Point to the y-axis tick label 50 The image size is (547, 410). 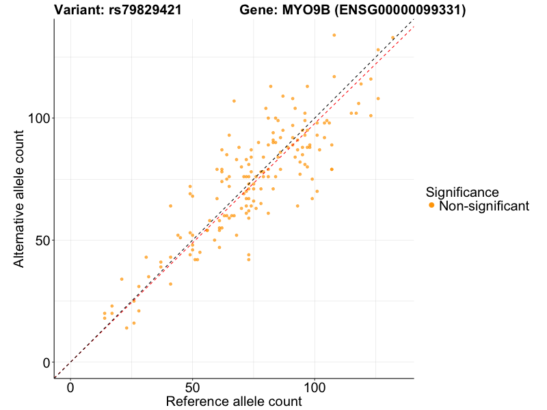point(41,241)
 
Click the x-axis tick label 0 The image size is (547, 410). point(70,386)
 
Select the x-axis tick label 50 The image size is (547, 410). point(192,386)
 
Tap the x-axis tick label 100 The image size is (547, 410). point(315,386)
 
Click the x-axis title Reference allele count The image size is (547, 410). point(234,401)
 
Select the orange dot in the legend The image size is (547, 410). point(431,206)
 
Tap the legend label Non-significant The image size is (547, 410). point(484,206)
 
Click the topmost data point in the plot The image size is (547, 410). point(334,35)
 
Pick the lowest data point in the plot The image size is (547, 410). point(126,328)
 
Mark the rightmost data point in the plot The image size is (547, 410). point(393,38)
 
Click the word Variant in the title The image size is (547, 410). point(78,10)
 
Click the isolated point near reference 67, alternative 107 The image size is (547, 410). point(234,101)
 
